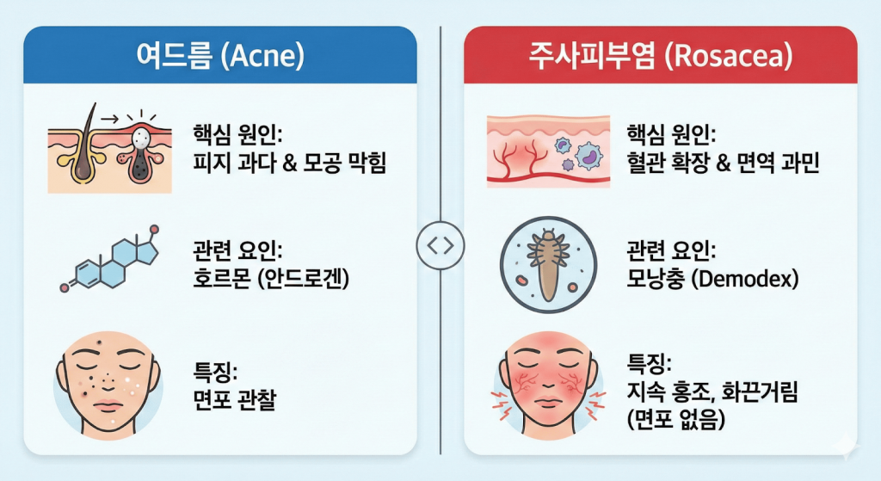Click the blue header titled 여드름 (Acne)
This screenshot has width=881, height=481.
pyautogui.click(x=220, y=55)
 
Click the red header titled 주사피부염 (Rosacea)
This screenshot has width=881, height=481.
pyautogui.click(x=660, y=55)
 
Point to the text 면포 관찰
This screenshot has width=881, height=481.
pyautogui.click(x=236, y=400)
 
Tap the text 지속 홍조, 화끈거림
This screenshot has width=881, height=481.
pyautogui.click(x=714, y=395)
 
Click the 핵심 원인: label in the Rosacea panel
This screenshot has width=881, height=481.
pyautogui.click(x=673, y=135)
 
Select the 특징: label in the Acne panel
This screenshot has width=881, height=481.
pyautogui.click(x=215, y=373)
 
